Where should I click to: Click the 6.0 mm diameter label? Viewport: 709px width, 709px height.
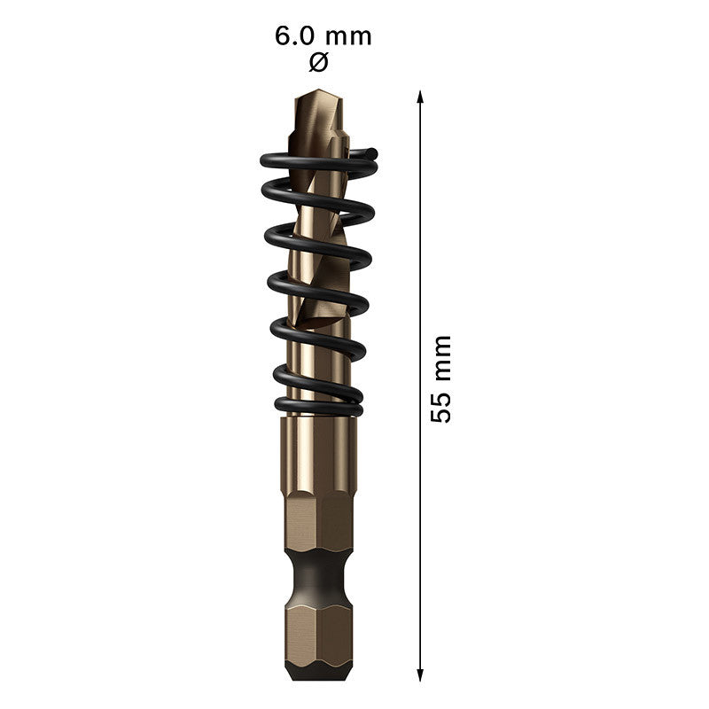[x=323, y=37]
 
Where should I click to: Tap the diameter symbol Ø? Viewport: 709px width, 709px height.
[x=320, y=63]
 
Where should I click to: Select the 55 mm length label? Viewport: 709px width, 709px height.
[x=440, y=378]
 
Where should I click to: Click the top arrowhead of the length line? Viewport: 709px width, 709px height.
[x=420, y=96]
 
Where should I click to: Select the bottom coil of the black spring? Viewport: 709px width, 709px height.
[x=319, y=407]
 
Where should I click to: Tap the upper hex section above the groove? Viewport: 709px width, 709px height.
[x=319, y=523]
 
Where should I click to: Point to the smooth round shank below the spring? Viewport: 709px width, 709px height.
[x=319, y=452]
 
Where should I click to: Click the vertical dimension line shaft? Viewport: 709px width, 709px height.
[x=420, y=266]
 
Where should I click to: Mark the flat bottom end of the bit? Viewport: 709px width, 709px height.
[x=319, y=677]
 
